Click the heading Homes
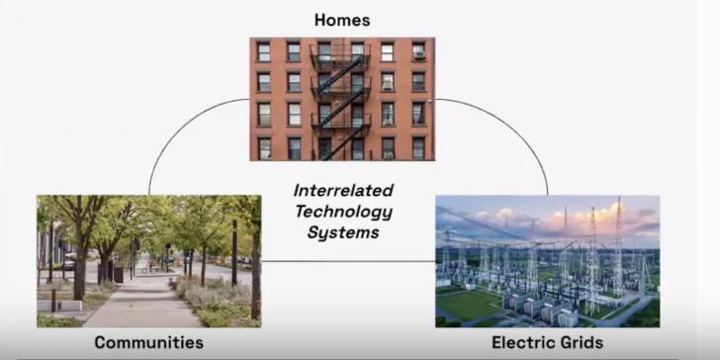pyautogui.click(x=341, y=20)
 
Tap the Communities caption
pyautogui.click(x=148, y=343)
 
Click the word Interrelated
pyautogui.click(x=343, y=189)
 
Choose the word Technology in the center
pyautogui.click(x=343, y=211)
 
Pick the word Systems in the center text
pyautogui.click(x=343, y=232)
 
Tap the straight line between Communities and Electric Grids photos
pyautogui.click(x=346, y=262)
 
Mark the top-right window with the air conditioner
pyautogui.click(x=418, y=50)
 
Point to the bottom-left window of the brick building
pyautogui.click(x=264, y=147)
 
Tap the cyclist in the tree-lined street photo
pyautogui.click(x=148, y=265)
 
